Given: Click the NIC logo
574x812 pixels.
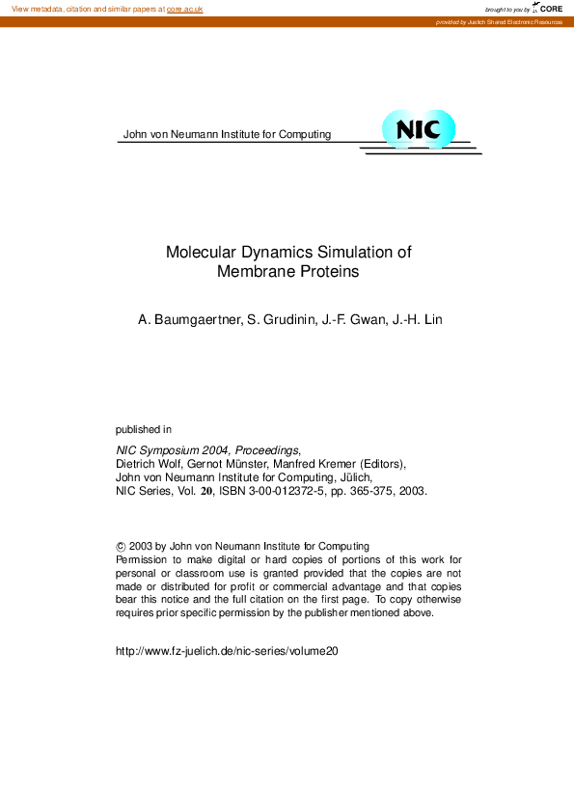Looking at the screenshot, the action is [418, 130].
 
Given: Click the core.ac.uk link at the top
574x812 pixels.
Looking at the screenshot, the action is [184, 9].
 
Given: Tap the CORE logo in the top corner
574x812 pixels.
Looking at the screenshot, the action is [547, 8].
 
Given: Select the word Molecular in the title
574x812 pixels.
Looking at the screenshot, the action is [199, 252].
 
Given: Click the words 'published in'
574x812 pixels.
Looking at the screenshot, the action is [144, 429].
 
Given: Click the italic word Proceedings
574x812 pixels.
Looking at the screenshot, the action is [266, 449].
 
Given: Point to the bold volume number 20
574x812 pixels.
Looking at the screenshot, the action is [205, 490].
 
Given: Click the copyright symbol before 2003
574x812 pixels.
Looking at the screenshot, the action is [120, 546].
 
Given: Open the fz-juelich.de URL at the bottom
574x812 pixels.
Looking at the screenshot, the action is [227, 651].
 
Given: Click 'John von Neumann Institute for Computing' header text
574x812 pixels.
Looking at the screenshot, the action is [227, 134].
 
